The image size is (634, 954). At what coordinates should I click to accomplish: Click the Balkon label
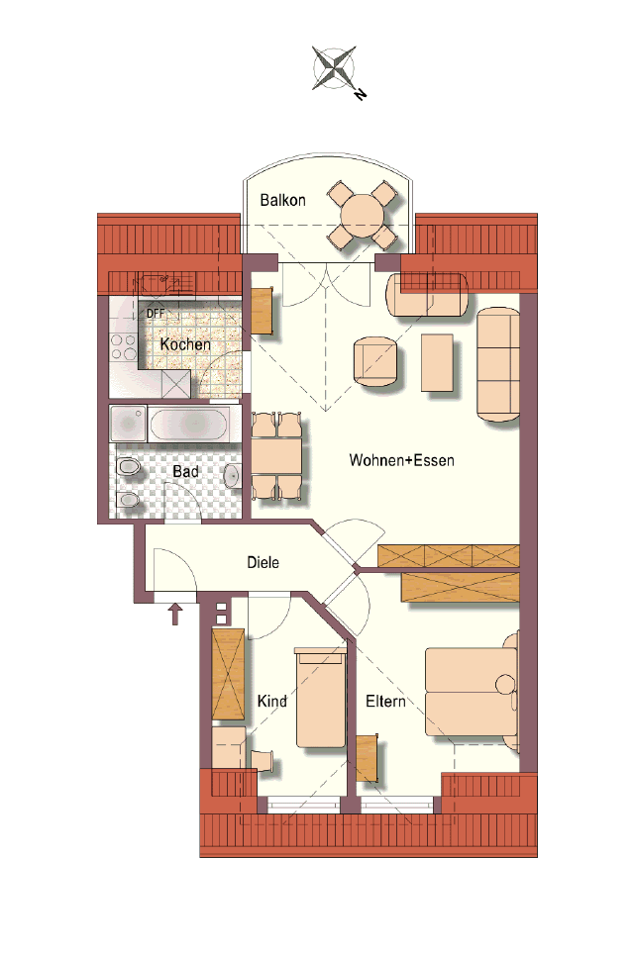282,200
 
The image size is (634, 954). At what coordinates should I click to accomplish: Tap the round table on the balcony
363,216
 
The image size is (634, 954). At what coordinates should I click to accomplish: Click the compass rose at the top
334,67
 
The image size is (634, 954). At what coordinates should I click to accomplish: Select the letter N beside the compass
360,94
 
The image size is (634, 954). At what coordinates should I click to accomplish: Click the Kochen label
185,344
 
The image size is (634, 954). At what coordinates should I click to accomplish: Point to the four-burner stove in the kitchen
123,346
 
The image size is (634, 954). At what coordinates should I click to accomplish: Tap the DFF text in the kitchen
156,314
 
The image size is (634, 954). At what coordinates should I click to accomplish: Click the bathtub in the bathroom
188,425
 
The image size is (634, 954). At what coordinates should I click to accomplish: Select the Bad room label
186,471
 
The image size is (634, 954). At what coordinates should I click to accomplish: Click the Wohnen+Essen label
401,460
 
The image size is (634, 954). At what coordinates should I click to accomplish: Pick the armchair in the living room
375,362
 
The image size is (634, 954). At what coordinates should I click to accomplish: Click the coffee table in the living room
437,362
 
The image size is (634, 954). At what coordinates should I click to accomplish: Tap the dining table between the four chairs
276,455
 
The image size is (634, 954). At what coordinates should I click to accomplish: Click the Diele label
264,562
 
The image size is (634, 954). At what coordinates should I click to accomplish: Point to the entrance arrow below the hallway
175,614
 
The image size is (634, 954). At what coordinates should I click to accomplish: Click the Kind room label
271,701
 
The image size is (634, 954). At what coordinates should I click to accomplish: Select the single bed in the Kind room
320,698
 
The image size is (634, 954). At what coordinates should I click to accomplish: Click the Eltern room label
385,701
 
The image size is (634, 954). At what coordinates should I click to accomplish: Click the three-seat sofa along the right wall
498,364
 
